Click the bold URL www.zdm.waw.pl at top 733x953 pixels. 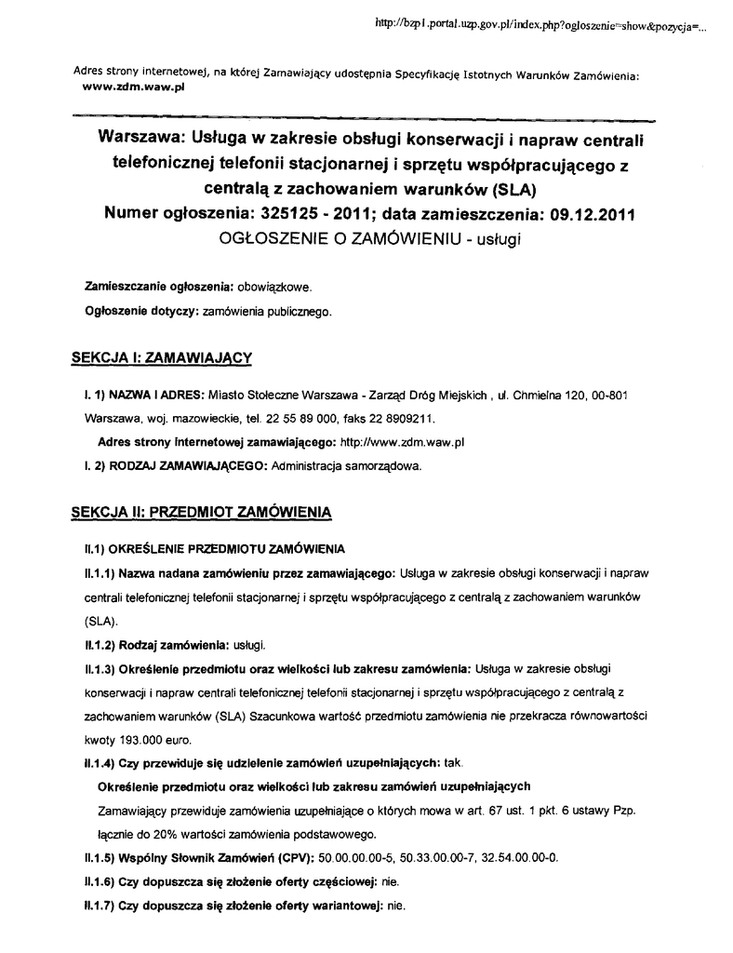pyautogui.click(x=135, y=84)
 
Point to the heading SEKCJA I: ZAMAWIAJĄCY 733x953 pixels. pyautogui.click(x=163, y=356)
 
